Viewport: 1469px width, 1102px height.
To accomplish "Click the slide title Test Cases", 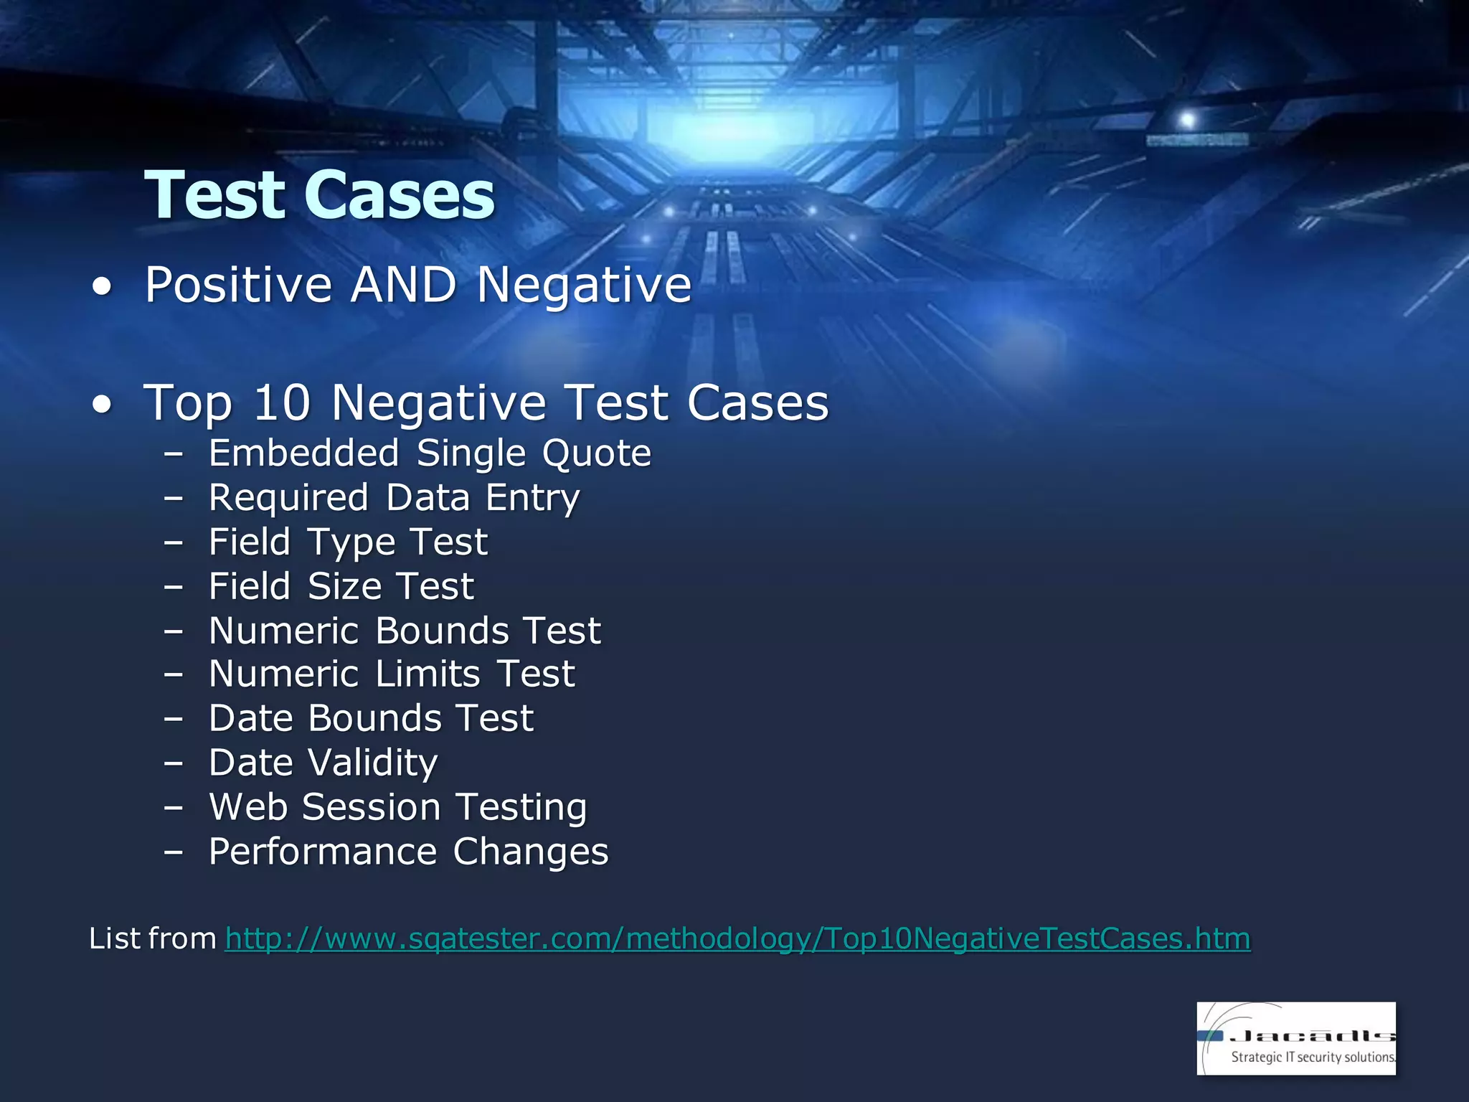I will click(319, 195).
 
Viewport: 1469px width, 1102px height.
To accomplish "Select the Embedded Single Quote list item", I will click(430, 453).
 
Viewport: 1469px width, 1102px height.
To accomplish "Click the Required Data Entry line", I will click(394, 498).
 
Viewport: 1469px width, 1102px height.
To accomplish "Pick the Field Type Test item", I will click(348, 542).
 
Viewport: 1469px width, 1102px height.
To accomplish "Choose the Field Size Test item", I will click(341, 586).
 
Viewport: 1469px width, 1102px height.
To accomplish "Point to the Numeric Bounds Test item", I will click(405, 631).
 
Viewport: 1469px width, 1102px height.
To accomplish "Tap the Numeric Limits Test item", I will click(392, 674).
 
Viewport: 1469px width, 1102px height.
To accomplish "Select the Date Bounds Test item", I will click(371, 718).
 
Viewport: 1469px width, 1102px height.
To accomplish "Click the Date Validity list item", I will click(323, 763).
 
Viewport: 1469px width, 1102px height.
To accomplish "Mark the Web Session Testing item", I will click(397, 807).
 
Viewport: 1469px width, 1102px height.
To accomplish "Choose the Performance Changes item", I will click(408, 852).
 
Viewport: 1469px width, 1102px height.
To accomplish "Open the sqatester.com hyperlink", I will click(737, 938).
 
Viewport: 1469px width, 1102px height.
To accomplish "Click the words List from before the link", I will click(152, 938).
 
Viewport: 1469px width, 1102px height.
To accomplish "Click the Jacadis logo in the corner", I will click(1295, 1037).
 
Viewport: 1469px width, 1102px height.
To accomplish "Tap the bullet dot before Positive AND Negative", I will click(102, 287).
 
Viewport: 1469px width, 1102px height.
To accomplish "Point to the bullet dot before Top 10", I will click(102, 405).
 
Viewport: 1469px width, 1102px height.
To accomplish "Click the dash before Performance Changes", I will click(173, 852).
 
